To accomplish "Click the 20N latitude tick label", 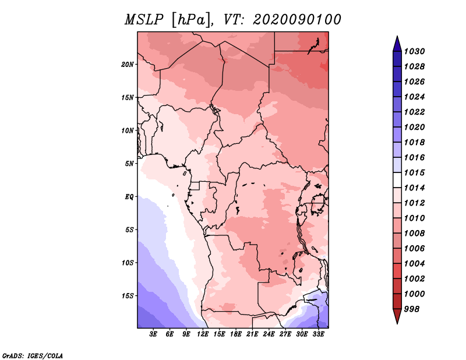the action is click(x=128, y=65).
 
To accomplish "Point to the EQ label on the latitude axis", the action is click(x=129, y=197).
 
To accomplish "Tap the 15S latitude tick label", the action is click(x=128, y=296).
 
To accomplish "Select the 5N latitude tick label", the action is click(x=129, y=164).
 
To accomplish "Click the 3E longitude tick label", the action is click(x=153, y=334).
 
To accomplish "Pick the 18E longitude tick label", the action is click(x=236, y=334).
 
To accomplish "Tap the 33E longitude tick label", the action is click(x=318, y=334).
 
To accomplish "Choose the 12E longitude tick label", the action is click(x=203, y=334).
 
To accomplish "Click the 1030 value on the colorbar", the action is click(x=414, y=51).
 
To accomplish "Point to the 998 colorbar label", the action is click(x=412, y=309).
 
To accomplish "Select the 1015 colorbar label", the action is click(x=414, y=172).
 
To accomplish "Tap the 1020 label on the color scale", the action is click(x=414, y=127).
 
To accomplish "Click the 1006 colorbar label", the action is click(x=414, y=249).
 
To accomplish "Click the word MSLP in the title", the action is click(x=144, y=20).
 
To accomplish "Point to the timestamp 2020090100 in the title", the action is click(x=297, y=20).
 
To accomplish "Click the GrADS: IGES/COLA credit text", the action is click(x=33, y=356).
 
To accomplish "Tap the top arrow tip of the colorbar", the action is click(x=397, y=36).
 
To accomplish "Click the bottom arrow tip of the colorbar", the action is click(x=397, y=324).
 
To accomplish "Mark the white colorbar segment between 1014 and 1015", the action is click(x=397, y=180).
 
